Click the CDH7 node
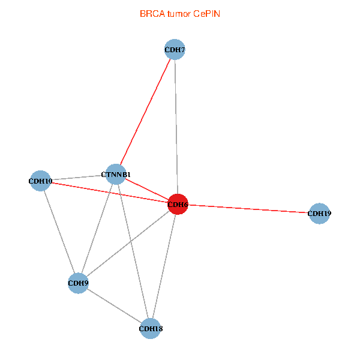[175, 49]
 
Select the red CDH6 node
[178, 204]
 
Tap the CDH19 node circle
[319, 214]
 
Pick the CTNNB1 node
[116, 174]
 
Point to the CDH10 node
[40, 181]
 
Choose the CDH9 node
[78, 283]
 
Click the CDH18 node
[150, 329]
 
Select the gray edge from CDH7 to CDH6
[176, 127]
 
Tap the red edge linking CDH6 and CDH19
[248, 209]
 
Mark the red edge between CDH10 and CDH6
[109, 193]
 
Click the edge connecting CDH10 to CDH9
[59, 232]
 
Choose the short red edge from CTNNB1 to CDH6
[147, 189]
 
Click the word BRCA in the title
[152, 14]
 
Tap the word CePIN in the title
[206, 14]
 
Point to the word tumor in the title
[179, 14]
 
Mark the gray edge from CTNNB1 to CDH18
[133, 251]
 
